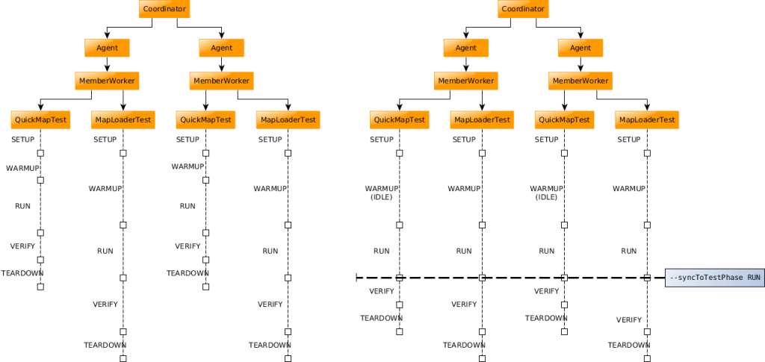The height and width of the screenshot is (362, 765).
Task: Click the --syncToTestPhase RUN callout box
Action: (715, 278)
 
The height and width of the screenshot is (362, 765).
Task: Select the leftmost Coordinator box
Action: (164, 9)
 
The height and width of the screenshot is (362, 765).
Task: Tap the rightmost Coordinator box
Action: (523, 9)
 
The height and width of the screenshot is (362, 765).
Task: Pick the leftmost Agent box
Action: (107, 48)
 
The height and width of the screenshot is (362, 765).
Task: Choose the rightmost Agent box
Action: (580, 48)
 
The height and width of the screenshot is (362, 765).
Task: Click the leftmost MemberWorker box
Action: (107, 81)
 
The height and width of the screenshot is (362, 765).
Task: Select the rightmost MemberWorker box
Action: (580, 81)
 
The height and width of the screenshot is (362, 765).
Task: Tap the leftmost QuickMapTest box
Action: (40, 119)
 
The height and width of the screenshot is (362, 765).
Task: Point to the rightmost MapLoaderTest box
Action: (647, 119)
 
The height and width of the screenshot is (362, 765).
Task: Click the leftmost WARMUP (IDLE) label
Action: (380, 193)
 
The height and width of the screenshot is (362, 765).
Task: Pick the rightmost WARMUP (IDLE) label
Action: (545, 193)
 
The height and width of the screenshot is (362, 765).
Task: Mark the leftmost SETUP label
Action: (23, 140)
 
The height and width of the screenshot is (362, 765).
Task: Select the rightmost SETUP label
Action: (629, 140)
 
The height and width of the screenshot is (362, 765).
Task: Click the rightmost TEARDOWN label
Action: (628, 345)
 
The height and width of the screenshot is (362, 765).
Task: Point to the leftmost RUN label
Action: (22, 206)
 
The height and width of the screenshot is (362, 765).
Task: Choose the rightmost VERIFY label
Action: (628, 319)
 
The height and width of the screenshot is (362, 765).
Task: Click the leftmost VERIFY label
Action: (22, 246)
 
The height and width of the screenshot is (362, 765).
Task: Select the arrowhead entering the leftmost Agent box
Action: (108, 37)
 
